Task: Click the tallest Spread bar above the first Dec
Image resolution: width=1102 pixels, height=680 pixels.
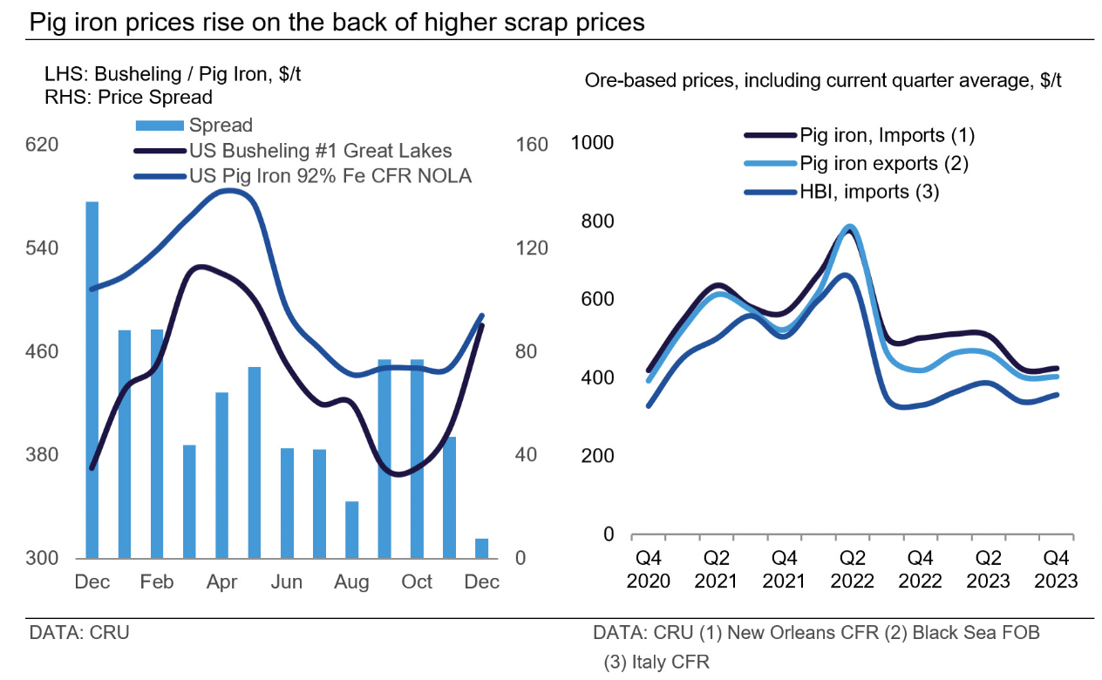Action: pos(92,379)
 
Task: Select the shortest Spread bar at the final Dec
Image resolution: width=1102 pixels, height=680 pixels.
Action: pos(481,548)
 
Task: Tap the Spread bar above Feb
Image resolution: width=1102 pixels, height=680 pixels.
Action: pos(157,444)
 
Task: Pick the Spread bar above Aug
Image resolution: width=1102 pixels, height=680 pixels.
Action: pos(351,529)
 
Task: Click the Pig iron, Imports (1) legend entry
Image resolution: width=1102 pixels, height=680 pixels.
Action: pos(859,135)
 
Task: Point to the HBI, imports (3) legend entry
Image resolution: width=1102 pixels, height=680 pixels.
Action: pos(840,192)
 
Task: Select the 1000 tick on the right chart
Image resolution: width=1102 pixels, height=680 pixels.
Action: pos(593,143)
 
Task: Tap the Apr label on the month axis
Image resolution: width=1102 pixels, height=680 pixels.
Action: pos(221,582)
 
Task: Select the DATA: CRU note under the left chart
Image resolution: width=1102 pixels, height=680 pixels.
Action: pos(79,632)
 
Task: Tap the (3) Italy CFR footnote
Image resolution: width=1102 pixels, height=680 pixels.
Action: pos(657,662)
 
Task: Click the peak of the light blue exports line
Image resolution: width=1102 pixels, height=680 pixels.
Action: pos(849,227)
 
